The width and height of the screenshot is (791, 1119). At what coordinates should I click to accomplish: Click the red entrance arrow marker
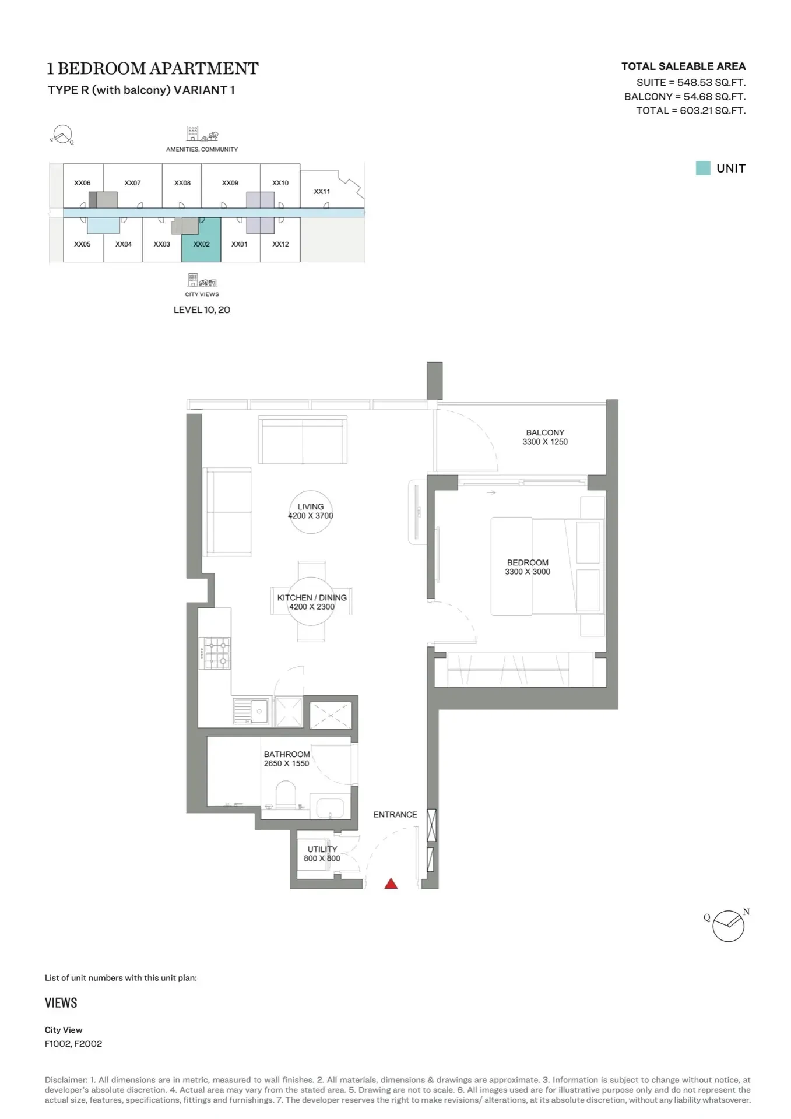click(391, 884)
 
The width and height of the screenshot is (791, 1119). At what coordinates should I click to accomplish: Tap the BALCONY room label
click(545, 432)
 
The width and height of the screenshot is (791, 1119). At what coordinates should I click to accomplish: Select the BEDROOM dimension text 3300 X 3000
click(528, 572)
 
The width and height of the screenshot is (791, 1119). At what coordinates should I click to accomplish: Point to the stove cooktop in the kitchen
click(215, 653)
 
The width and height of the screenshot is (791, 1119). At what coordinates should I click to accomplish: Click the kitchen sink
click(251, 711)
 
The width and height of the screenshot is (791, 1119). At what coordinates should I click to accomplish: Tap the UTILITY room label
click(322, 849)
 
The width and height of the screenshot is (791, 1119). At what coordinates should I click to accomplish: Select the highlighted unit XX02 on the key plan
click(201, 240)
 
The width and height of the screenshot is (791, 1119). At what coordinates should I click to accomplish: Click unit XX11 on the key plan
click(322, 191)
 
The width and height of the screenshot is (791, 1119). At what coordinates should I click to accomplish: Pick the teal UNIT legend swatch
click(703, 168)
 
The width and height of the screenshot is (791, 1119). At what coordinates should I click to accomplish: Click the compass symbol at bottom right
click(728, 926)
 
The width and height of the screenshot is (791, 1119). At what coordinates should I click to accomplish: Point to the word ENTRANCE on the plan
click(395, 814)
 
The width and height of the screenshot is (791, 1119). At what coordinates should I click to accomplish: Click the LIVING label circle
click(311, 512)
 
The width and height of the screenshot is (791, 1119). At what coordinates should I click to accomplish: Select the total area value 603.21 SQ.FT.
click(713, 111)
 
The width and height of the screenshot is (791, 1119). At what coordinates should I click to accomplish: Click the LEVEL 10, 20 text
click(202, 310)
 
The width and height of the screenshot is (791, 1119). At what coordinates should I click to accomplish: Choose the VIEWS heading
click(61, 1003)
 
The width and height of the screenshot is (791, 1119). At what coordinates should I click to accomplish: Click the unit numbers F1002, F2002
click(73, 1044)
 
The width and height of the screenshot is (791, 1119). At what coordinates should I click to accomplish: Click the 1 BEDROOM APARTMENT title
click(153, 69)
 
